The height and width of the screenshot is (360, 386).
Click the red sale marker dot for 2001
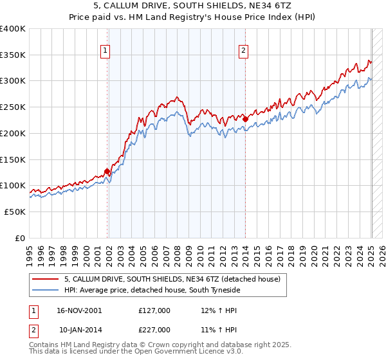pyautogui.click(x=107, y=171)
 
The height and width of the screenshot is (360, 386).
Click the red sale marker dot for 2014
pyautogui.click(x=245, y=119)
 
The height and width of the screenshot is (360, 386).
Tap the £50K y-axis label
pyautogui.click(x=14, y=212)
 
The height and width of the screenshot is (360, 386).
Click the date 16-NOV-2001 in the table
pyautogui.click(x=80, y=310)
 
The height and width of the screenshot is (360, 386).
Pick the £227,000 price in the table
pyautogui.click(x=154, y=330)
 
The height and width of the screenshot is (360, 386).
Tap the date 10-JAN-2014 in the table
pyautogui.click(x=80, y=330)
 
